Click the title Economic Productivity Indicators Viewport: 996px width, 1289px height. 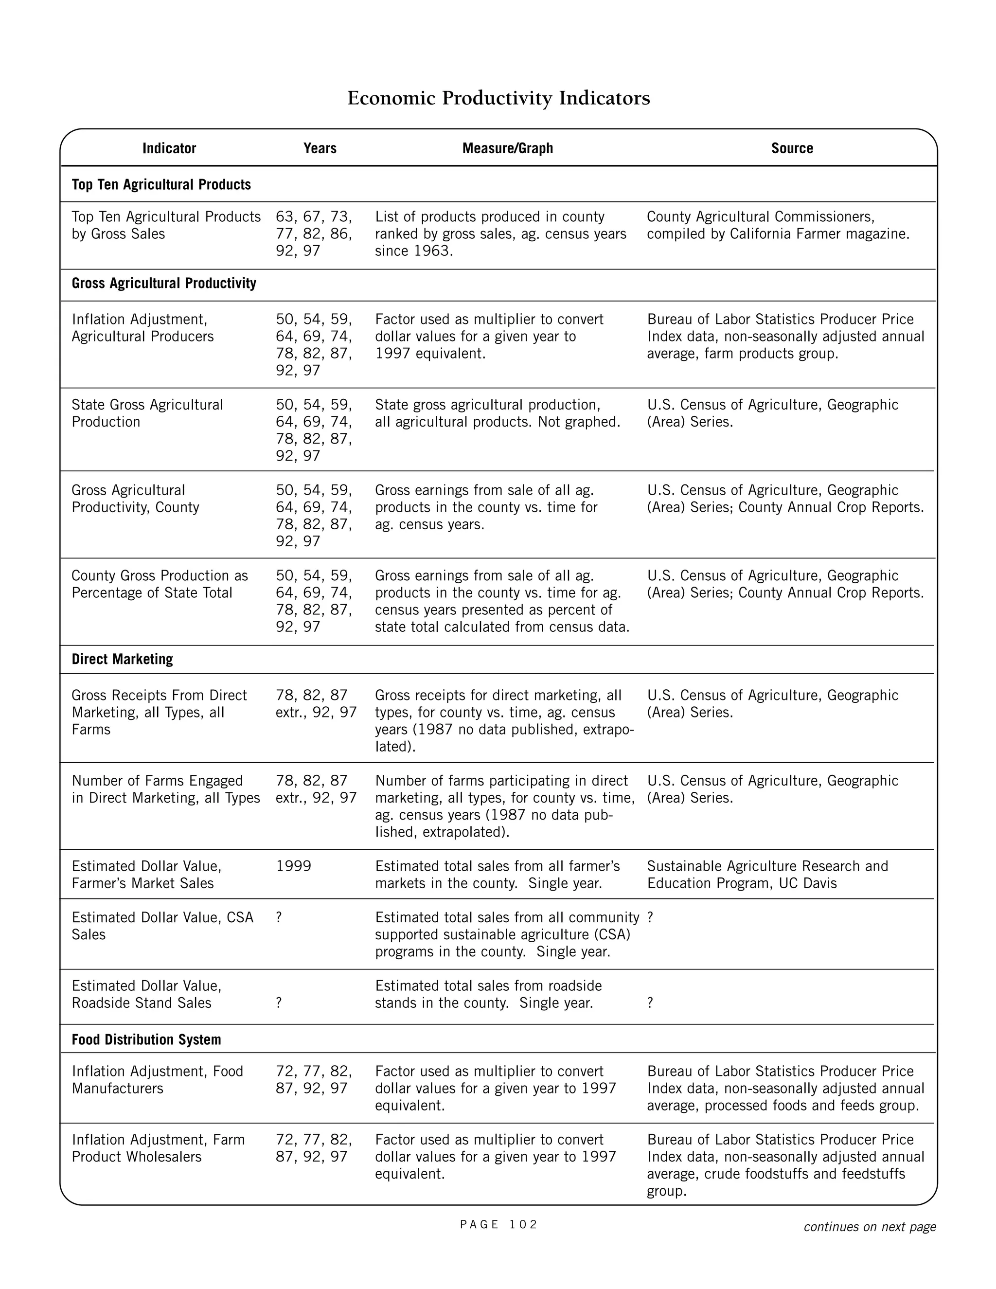click(498, 98)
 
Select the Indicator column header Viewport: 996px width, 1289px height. click(169, 148)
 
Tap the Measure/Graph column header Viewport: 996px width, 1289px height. click(507, 148)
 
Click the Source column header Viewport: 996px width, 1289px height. click(791, 148)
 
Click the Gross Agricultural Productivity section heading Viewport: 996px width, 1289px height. click(163, 283)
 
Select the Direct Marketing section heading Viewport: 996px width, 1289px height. click(122, 659)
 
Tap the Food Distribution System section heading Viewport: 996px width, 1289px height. click(146, 1039)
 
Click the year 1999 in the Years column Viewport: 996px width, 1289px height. click(293, 866)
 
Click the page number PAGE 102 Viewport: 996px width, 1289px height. click(498, 1224)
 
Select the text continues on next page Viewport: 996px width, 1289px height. click(869, 1226)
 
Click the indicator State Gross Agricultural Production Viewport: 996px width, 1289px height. click(147, 413)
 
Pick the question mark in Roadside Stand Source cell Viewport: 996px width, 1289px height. click(650, 1003)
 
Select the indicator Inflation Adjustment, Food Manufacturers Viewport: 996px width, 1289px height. click(157, 1079)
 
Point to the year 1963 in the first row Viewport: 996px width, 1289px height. click(431, 251)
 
